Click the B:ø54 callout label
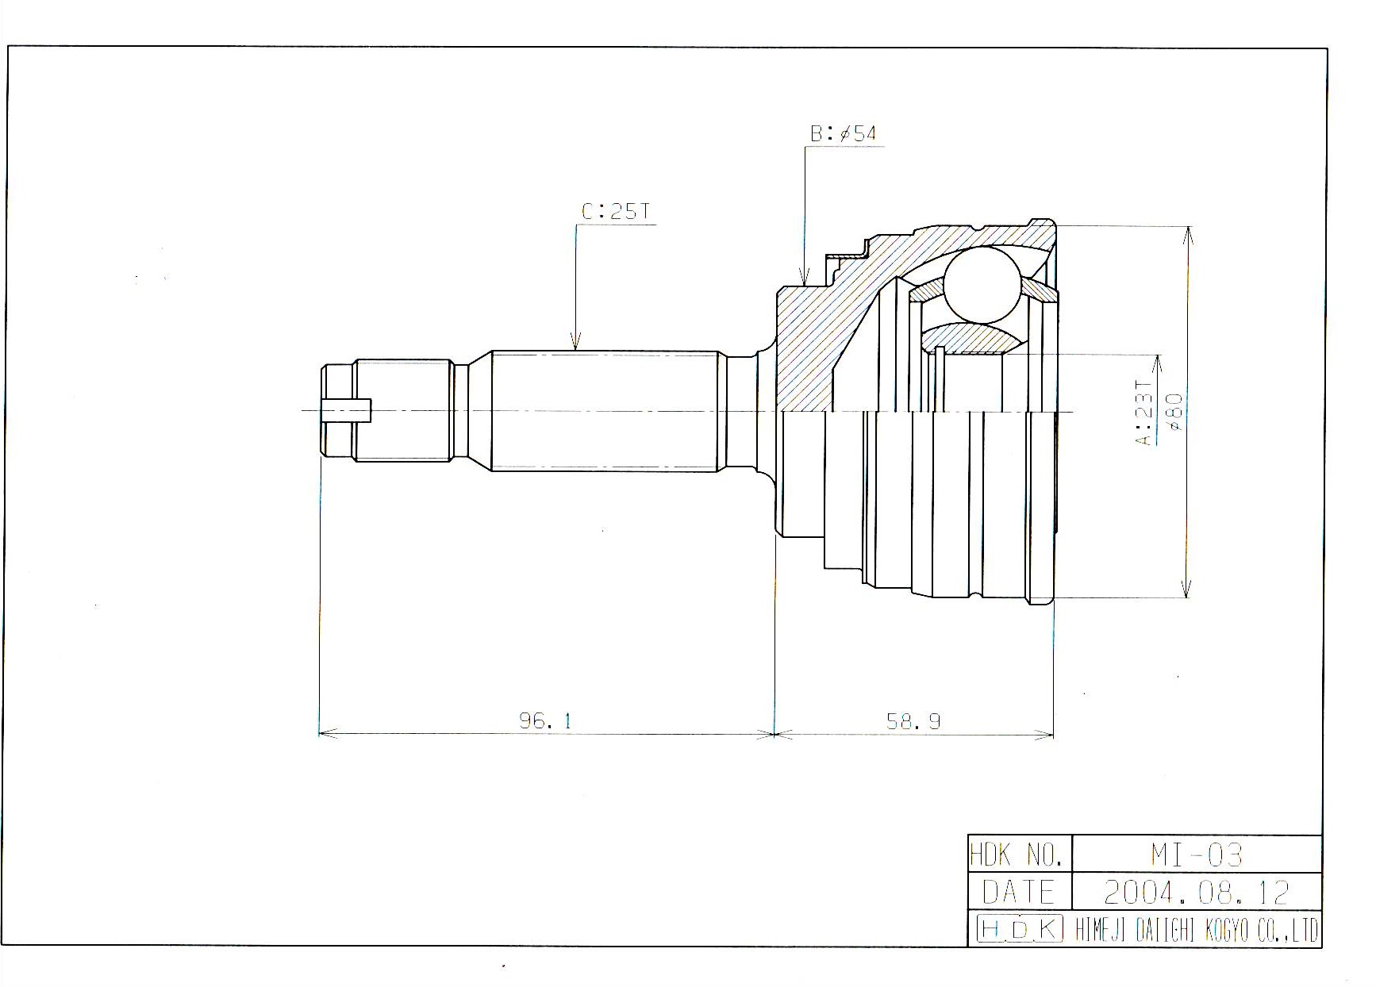pos(843,133)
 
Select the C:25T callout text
pos(616,212)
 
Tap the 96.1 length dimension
pos(545,720)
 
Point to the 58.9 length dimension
pos(913,720)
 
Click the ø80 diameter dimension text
pos(1175,412)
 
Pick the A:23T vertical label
pos(1143,413)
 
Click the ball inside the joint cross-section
pos(982,284)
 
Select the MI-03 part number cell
pos(1197,854)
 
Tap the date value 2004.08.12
pos(1197,892)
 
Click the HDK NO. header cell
pos(1020,854)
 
